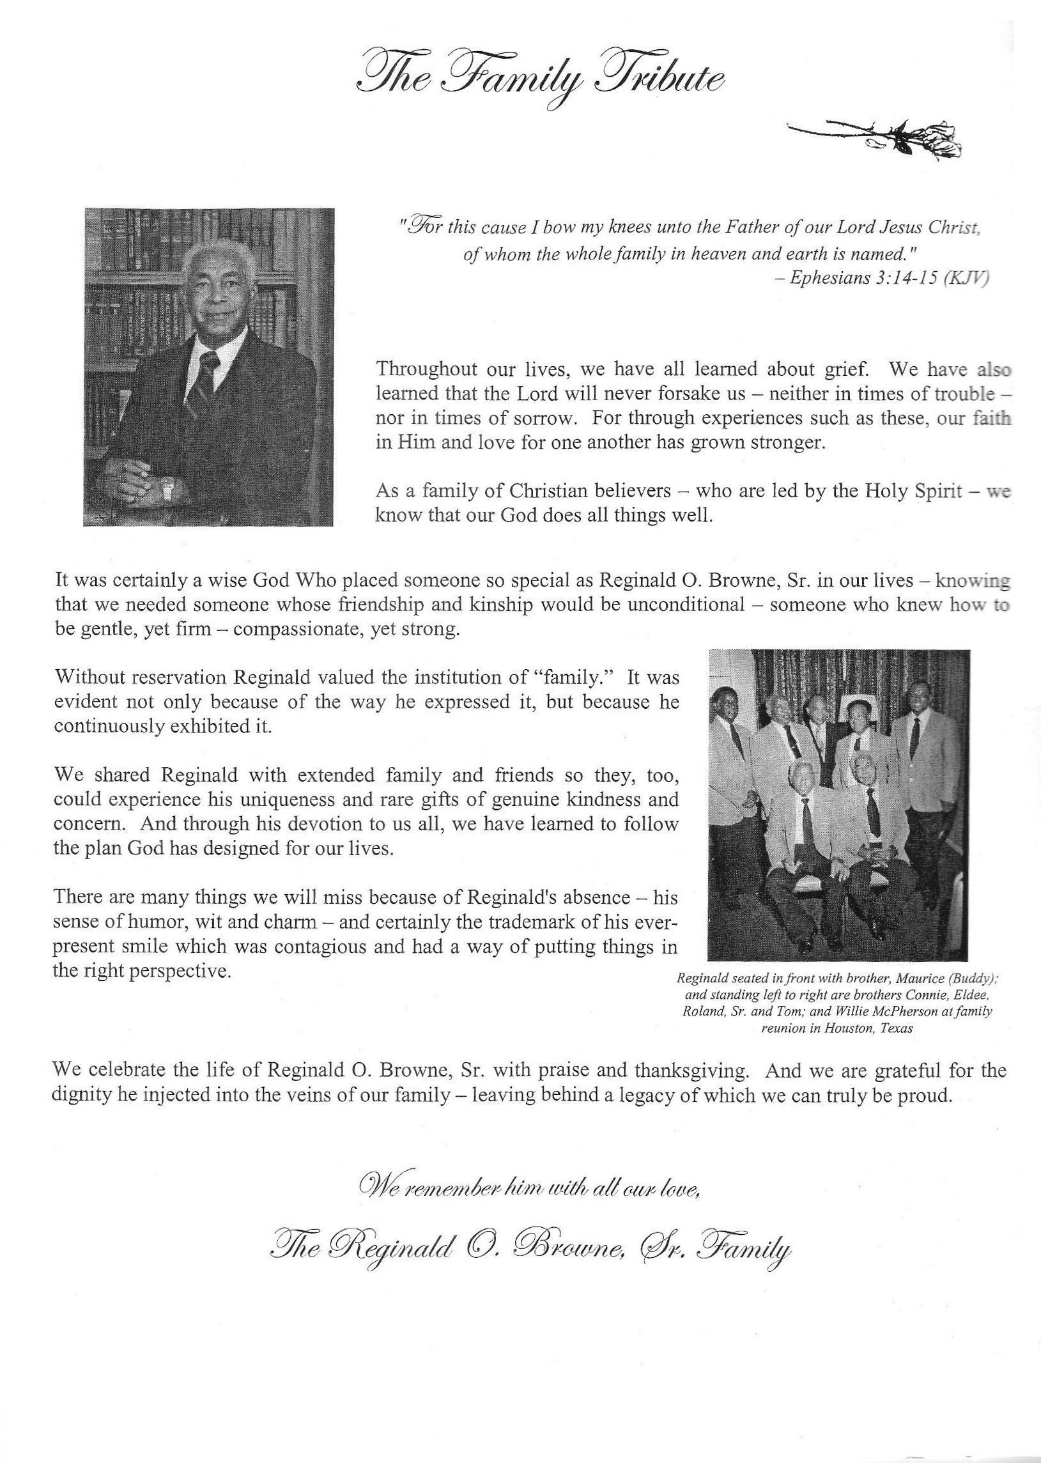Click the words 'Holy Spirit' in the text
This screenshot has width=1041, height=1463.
[905, 492]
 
